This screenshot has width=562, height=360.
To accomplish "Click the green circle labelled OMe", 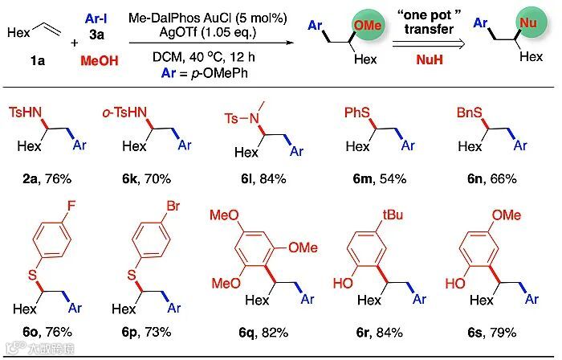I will pyautogui.click(x=368, y=26).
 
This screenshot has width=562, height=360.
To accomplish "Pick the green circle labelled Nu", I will pyautogui.click(x=527, y=25).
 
